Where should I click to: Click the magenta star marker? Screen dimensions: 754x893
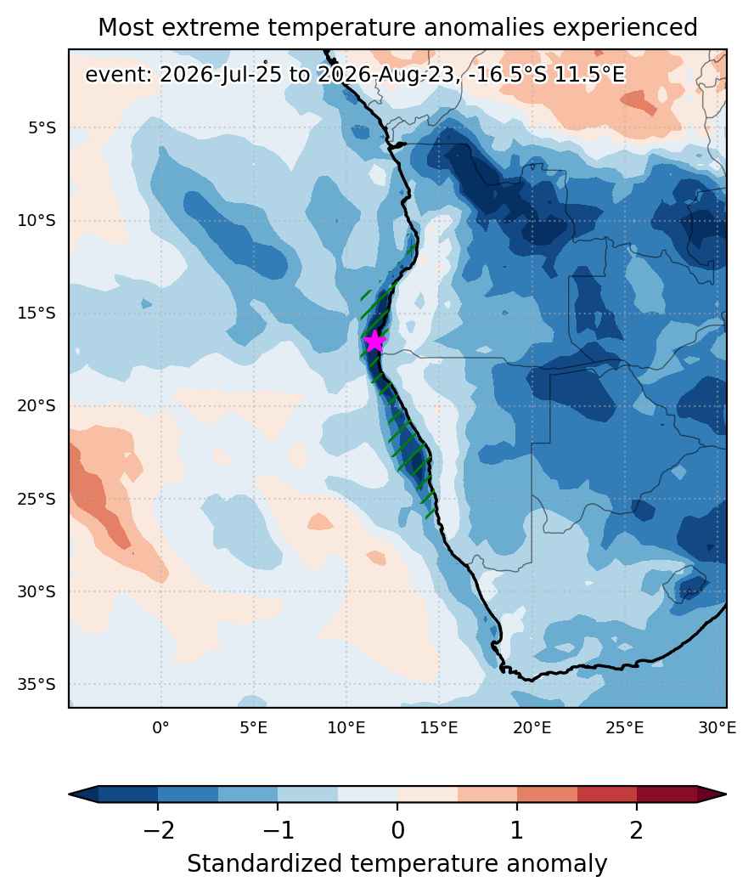tap(374, 341)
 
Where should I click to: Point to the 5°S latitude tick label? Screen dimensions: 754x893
tap(42, 128)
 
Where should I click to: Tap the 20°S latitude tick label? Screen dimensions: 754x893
tap(37, 406)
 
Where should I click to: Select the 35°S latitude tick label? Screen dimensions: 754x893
tap(37, 684)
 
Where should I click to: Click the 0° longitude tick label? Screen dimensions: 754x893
tap(161, 727)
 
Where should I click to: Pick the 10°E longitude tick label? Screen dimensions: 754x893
tap(346, 727)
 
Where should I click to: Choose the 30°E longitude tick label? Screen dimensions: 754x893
tap(717, 727)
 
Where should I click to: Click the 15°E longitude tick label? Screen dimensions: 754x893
tap(439, 727)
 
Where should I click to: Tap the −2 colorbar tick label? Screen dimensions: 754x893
tap(158, 830)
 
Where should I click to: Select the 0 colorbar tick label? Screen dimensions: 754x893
tap(397, 830)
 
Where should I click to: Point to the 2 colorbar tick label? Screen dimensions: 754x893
tap(637, 830)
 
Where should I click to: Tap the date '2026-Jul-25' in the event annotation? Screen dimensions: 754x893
tap(220, 75)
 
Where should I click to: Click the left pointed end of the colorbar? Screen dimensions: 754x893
tap(70, 794)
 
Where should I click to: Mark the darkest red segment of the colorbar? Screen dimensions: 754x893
tap(667, 794)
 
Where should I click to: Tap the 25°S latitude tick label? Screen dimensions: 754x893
tap(37, 499)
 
